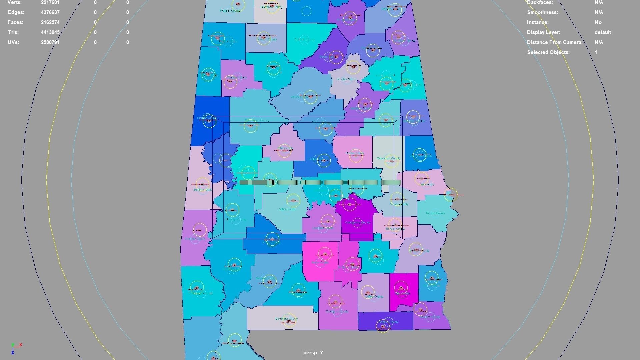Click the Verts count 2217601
click(x=50, y=2)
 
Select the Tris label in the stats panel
click(x=13, y=32)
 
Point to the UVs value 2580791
click(x=50, y=42)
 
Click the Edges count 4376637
click(x=50, y=12)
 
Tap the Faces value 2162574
click(x=50, y=22)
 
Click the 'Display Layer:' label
click(x=543, y=32)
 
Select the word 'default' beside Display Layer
click(x=602, y=32)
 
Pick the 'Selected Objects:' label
click(x=548, y=52)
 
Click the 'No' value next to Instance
click(x=598, y=22)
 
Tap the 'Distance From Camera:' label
click(x=554, y=42)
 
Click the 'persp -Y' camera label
click(x=313, y=353)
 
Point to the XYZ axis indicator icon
click(x=15, y=348)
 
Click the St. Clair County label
click(x=347, y=79)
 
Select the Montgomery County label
click(x=357, y=222)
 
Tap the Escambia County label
click(x=286, y=319)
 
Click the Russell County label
click(x=435, y=213)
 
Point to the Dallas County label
click(x=287, y=209)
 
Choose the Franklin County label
click(x=230, y=11)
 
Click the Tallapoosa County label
click(x=388, y=159)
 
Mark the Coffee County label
click(x=374, y=296)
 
